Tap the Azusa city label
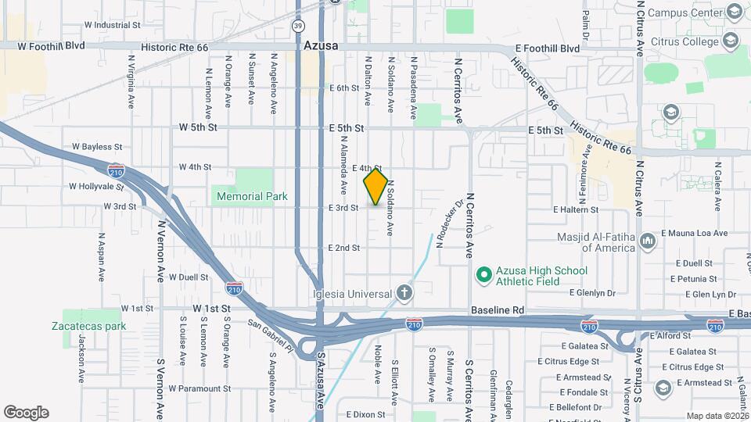(x=321, y=46)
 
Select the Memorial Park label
(x=254, y=197)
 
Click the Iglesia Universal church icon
(x=404, y=293)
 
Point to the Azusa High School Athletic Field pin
(x=483, y=275)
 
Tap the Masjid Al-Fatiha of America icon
(x=647, y=242)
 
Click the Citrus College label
(x=688, y=41)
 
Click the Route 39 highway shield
(x=299, y=26)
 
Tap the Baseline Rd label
(x=497, y=310)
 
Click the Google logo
(x=26, y=412)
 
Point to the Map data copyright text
(x=717, y=416)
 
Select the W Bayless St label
(x=97, y=146)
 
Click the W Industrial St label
(x=112, y=24)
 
